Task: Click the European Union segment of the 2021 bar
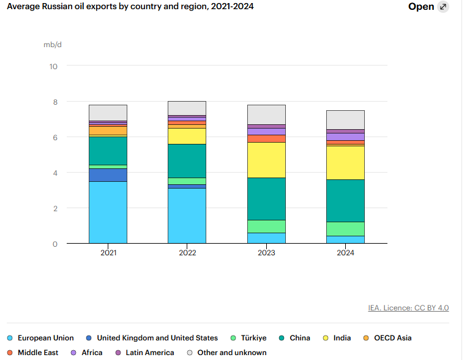108,212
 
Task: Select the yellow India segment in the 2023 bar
266,160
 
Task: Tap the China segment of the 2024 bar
346,200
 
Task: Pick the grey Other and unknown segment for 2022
187,108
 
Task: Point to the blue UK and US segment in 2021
108,175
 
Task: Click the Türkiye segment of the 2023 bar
266,226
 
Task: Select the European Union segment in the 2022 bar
187,216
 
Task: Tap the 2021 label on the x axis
108,252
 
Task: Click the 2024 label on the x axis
346,252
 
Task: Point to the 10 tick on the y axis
53,66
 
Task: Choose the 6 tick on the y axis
54,137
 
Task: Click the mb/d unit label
53,45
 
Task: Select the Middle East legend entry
36,353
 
